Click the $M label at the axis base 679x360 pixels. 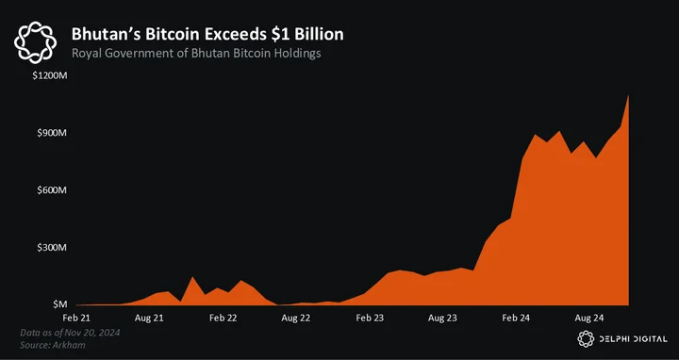[59, 304]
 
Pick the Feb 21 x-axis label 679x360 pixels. [76, 318]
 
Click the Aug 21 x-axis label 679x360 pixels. [149, 318]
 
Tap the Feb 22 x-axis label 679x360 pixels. [223, 318]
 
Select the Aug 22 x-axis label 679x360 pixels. [296, 318]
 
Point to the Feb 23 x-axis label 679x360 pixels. [370, 318]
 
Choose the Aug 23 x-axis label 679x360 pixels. [442, 318]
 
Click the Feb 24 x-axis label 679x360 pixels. [516, 318]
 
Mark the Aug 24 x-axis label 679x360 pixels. [588, 318]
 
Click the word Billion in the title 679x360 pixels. [319, 34]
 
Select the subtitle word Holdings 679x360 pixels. [299, 53]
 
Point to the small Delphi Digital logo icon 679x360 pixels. [586, 339]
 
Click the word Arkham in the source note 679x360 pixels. [73, 345]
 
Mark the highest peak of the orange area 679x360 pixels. [628, 95]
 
